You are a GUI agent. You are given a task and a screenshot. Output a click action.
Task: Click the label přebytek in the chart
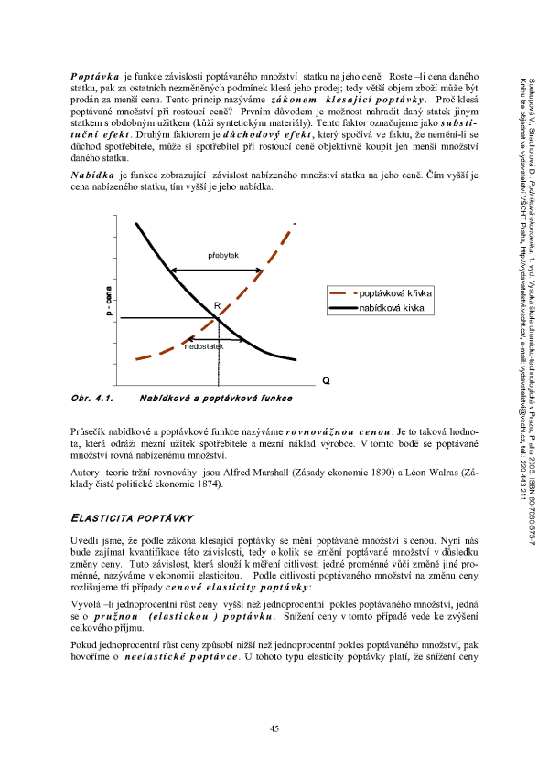223,256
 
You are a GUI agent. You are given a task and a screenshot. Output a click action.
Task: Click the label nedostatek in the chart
203,347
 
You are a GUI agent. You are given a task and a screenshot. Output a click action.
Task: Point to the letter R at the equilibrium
217,306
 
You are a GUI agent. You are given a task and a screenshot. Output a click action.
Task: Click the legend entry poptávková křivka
396,293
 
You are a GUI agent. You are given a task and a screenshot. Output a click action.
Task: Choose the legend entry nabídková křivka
394,309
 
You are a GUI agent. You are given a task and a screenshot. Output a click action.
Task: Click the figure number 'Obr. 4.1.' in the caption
91,399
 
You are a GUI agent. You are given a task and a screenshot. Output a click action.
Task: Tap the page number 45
274,728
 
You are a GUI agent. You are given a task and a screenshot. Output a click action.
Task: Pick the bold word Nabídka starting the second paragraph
91,175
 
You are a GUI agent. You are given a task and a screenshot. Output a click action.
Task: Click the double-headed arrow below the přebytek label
217,269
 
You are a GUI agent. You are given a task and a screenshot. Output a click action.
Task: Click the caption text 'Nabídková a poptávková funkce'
216,399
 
